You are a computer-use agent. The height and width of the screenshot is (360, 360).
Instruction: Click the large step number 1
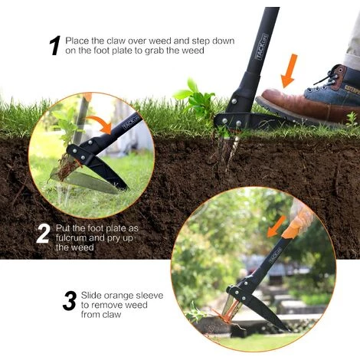click(x=55, y=45)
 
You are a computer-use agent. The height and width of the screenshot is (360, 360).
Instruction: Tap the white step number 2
click(x=43, y=234)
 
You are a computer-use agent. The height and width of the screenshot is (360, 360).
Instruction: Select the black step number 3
click(x=70, y=301)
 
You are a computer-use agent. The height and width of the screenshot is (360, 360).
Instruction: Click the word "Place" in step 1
click(x=77, y=41)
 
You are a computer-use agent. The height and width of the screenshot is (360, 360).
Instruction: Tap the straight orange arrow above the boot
click(x=290, y=70)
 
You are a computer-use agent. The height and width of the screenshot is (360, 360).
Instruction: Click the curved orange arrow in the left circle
click(x=100, y=124)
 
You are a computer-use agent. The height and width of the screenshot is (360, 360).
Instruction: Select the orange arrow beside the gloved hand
click(x=277, y=227)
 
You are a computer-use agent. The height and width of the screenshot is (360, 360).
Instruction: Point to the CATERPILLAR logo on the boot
click(x=352, y=90)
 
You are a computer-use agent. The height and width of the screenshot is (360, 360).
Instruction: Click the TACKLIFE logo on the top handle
click(x=261, y=47)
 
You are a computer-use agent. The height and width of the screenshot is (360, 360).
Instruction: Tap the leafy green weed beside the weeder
click(x=196, y=98)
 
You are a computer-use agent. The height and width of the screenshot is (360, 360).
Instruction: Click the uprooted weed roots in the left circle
click(x=67, y=168)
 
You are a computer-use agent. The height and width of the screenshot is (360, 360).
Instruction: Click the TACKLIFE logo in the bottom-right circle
click(x=275, y=256)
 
